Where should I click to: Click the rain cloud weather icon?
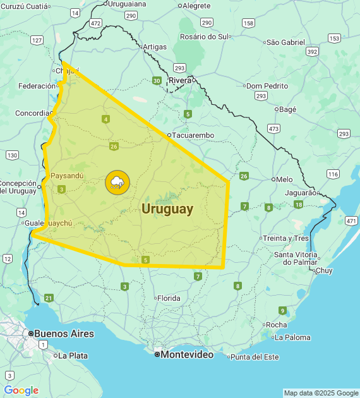(117, 183)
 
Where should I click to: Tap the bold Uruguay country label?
(167, 208)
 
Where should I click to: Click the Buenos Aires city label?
(64, 334)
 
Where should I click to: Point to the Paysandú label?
(67, 175)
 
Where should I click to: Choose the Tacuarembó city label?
(194, 135)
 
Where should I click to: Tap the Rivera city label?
(180, 80)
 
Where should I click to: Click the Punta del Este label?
(255, 356)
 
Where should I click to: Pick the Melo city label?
(284, 179)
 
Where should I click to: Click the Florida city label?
(169, 298)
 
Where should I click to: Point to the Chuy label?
(323, 270)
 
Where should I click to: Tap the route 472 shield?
(95, 23)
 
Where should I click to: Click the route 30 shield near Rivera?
(156, 80)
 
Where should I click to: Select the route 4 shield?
(105, 119)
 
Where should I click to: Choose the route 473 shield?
(273, 128)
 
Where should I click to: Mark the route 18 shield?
(298, 204)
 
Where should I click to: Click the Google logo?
(21, 390)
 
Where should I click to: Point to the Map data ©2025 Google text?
(320, 393)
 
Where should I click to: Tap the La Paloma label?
(292, 337)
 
